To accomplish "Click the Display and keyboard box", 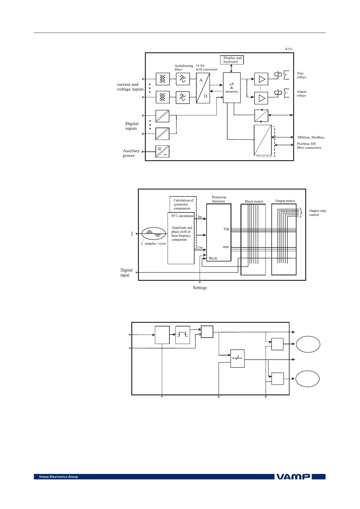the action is point(232,60).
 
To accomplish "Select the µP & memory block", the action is point(232,88).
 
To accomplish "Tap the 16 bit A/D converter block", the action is point(203,88).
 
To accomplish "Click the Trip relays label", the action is point(301,75).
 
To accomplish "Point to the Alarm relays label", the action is point(301,94).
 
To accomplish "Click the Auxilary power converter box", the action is point(162,151).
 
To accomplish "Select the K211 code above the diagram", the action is point(289,49).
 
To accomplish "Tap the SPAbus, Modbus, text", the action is point(311,138).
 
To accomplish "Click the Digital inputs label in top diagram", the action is point(132,126).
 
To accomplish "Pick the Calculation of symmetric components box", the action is point(183,204).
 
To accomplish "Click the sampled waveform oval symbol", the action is point(154,233).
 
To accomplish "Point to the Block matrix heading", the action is point(254,202).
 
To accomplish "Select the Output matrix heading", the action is point(285,201).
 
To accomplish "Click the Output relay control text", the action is point(317,213).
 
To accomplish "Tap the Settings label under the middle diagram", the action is point(200,288).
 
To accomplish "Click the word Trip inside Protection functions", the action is point(226,229).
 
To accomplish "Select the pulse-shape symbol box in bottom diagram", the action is point(183,335).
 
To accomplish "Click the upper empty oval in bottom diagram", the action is point(308,344).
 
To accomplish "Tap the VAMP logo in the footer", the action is point(293,477).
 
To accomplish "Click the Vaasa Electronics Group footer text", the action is point(58,477).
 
